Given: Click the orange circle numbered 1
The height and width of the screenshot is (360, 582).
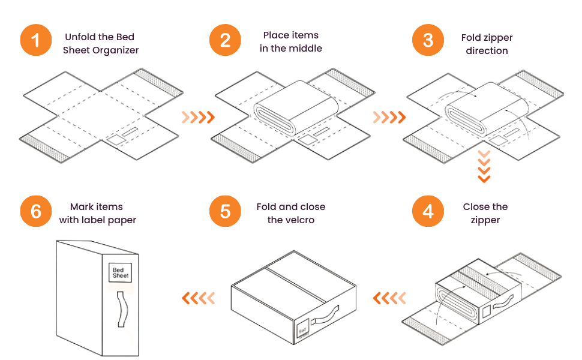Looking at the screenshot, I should [x=36, y=41].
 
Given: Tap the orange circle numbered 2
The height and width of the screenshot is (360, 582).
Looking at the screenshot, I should [x=226, y=41].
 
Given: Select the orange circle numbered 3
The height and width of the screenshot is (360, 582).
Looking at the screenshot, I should [x=428, y=41].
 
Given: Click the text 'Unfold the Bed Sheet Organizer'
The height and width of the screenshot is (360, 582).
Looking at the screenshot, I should [x=101, y=43].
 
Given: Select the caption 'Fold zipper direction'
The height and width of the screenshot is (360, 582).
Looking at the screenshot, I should [x=487, y=44].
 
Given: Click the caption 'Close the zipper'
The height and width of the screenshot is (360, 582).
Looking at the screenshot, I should [x=485, y=213].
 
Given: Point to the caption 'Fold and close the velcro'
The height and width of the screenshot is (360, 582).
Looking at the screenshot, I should [x=290, y=213].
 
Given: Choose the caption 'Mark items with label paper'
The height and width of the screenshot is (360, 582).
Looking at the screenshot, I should [x=97, y=213].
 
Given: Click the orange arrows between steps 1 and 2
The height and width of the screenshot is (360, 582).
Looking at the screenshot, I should [x=198, y=117].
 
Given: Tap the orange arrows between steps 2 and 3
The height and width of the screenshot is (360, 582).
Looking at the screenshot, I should [x=389, y=117].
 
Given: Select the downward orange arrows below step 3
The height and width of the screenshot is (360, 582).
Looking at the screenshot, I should [x=484, y=167].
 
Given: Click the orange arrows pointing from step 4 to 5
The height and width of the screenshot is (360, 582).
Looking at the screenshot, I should [x=389, y=297].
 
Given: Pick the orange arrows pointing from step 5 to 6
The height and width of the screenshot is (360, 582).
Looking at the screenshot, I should [x=198, y=297].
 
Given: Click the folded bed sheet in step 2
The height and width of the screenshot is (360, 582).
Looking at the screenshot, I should [x=295, y=108].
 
